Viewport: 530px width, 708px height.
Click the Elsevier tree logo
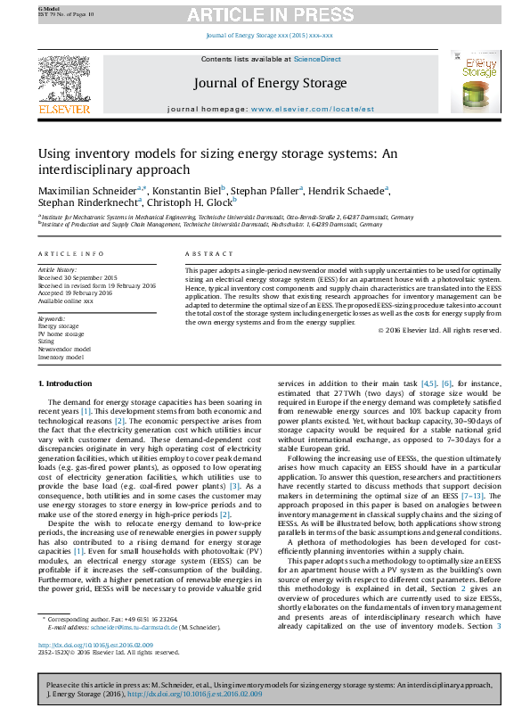point(63,77)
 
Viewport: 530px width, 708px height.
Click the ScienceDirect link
point(318,59)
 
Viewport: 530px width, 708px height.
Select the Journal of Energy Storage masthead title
point(270,83)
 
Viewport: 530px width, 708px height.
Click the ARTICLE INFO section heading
point(63,254)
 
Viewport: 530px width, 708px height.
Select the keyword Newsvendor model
point(64,349)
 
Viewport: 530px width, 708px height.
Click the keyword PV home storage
point(61,333)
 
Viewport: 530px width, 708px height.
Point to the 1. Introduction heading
point(67,383)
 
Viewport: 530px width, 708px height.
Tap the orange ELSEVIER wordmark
point(63,110)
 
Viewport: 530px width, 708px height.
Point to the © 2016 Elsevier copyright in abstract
point(439,330)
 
